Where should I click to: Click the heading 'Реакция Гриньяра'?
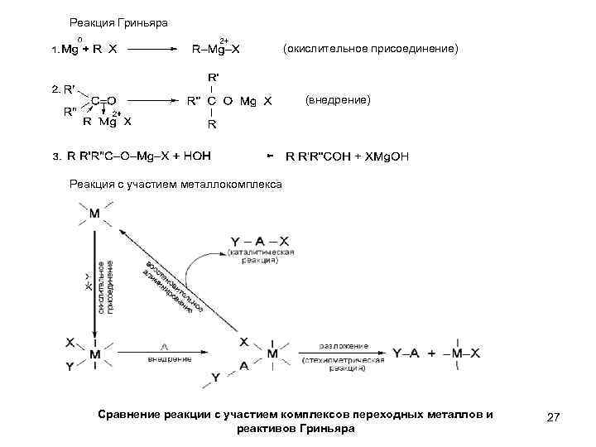118,23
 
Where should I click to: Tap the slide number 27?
554,419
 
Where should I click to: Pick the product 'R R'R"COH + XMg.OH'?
347,156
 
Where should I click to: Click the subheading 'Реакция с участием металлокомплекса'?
175,183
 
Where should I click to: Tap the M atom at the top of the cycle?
94,214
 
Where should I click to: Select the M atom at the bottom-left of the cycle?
95,354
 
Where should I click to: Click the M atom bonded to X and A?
272,354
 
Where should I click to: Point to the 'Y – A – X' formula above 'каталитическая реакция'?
261,241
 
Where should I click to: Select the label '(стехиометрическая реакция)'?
344,365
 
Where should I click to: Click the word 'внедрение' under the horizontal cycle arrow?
170,358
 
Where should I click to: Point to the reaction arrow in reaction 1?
154,49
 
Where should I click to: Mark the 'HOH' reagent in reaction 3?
196,156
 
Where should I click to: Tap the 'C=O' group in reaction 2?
103,100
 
